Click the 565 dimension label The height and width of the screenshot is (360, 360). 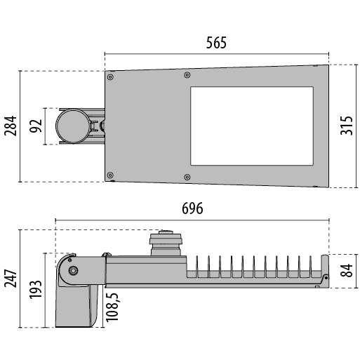point(216,43)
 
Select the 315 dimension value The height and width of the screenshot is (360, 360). point(347,126)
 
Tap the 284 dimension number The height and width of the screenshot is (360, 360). point(11,126)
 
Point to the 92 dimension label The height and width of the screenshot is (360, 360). point(36,126)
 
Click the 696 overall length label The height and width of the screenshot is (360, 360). point(192,208)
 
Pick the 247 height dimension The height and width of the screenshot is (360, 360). point(11,279)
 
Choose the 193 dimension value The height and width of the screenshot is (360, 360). point(36,289)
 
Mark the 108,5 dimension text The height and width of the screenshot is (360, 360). point(112,307)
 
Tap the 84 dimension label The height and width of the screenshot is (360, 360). point(347,270)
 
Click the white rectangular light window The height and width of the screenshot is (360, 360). point(252,126)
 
